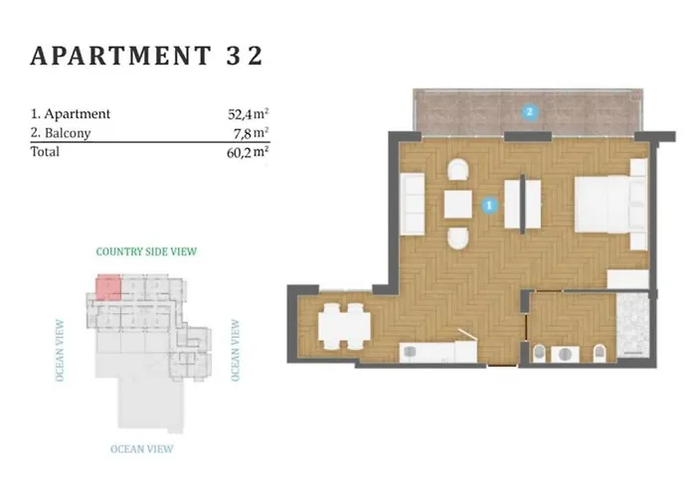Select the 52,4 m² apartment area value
point(249,114)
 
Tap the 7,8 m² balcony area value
point(251,132)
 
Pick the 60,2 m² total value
point(248,152)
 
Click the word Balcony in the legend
point(68,133)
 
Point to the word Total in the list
point(45,152)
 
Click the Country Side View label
point(146,251)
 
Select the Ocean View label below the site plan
point(142,449)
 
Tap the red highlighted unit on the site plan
point(108,287)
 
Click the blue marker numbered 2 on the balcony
point(529,111)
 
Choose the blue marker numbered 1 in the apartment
point(489,205)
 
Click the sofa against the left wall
point(413,204)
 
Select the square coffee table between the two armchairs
point(458,204)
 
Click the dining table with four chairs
point(344,327)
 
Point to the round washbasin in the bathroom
point(565,355)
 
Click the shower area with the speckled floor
point(632,324)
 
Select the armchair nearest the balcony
point(458,170)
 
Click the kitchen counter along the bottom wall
point(438,352)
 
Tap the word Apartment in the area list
point(78,114)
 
